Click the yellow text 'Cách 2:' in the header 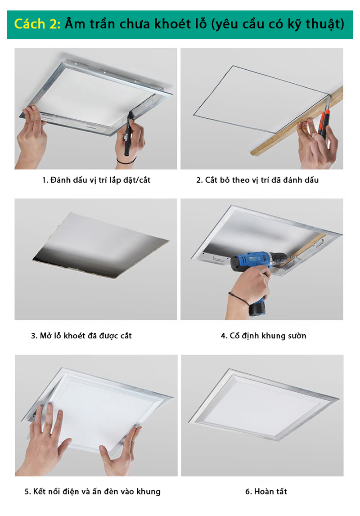(37, 23)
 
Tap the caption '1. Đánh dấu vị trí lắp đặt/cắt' (96, 180)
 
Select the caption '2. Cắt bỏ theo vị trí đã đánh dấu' (257, 180)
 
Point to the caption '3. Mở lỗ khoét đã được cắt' (81, 336)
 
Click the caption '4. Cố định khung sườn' (263, 336)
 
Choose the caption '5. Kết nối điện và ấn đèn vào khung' (92, 491)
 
